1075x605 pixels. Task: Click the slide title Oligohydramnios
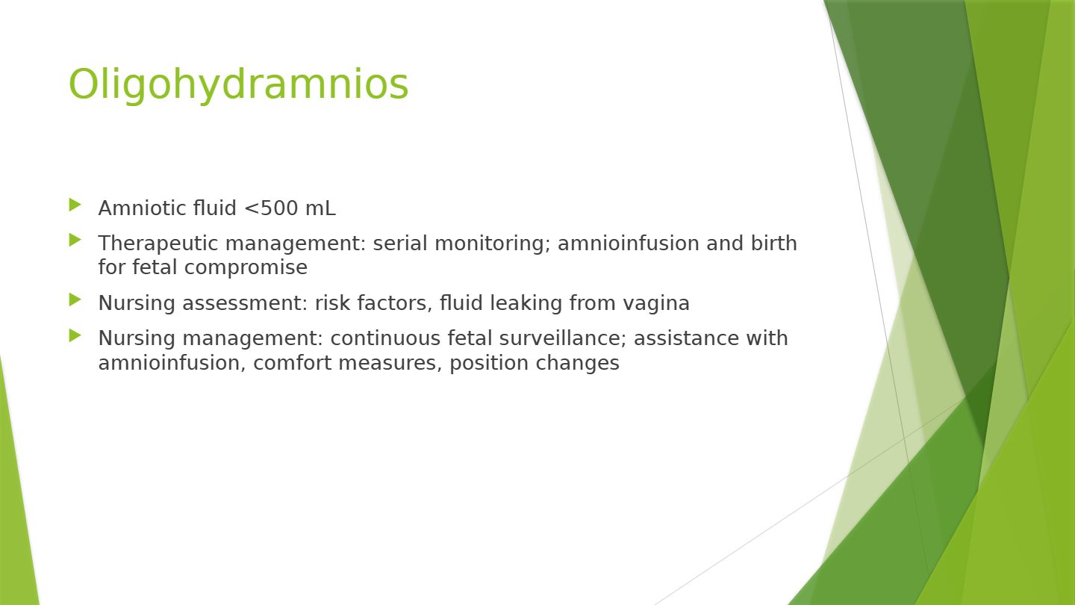tap(239, 85)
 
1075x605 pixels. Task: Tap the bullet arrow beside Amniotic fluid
tap(75, 205)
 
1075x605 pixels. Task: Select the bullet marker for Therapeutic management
tap(75, 240)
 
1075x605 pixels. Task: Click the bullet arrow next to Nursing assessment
tap(75, 300)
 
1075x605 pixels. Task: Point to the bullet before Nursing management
tap(75, 335)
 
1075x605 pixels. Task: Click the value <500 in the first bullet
tap(271, 208)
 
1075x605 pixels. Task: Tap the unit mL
tap(320, 208)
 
